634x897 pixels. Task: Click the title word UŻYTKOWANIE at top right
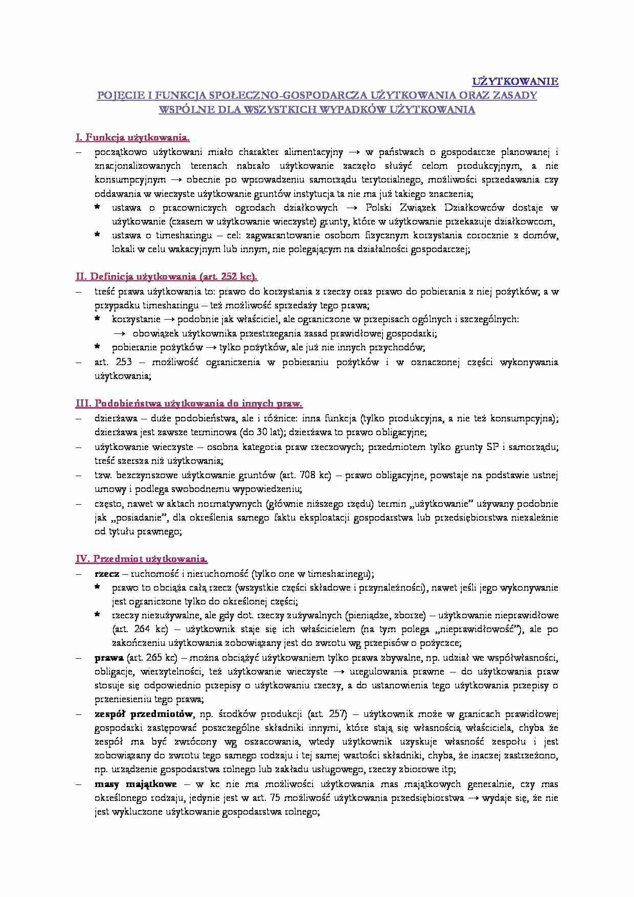click(515, 81)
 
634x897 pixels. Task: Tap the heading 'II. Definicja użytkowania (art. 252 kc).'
click(167, 277)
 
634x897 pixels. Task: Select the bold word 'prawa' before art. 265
click(109, 657)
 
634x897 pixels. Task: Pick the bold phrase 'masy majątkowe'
click(136, 784)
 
